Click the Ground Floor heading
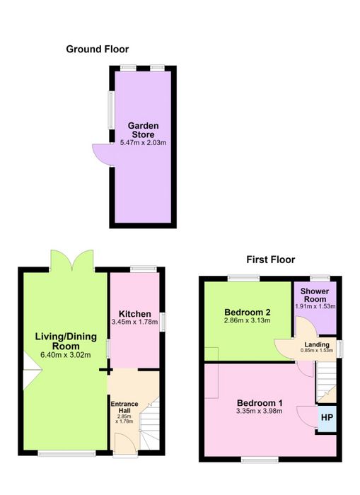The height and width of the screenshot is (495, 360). (98, 49)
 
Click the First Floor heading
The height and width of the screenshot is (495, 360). (271, 260)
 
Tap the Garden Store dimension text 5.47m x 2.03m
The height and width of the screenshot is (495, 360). (143, 143)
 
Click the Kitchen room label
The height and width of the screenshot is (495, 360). (135, 314)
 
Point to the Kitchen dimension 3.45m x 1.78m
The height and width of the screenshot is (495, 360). (134, 322)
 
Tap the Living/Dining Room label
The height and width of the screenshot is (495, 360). (66, 341)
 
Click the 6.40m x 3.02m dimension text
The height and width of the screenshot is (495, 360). (66, 355)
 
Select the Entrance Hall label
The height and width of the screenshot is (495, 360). (124, 407)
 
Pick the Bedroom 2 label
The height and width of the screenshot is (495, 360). (248, 313)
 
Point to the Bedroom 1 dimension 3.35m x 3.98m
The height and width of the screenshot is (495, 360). (260, 411)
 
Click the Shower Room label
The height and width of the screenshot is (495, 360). (315, 295)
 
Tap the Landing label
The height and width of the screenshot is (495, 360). (317, 345)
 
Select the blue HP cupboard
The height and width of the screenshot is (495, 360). (327, 419)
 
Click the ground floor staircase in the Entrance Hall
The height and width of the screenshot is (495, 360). (150, 424)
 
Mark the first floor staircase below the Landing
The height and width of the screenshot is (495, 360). (326, 382)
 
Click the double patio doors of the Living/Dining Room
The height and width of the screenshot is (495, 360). (72, 260)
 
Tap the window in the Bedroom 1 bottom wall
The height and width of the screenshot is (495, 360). (260, 460)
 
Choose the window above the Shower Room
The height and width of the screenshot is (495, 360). (320, 278)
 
